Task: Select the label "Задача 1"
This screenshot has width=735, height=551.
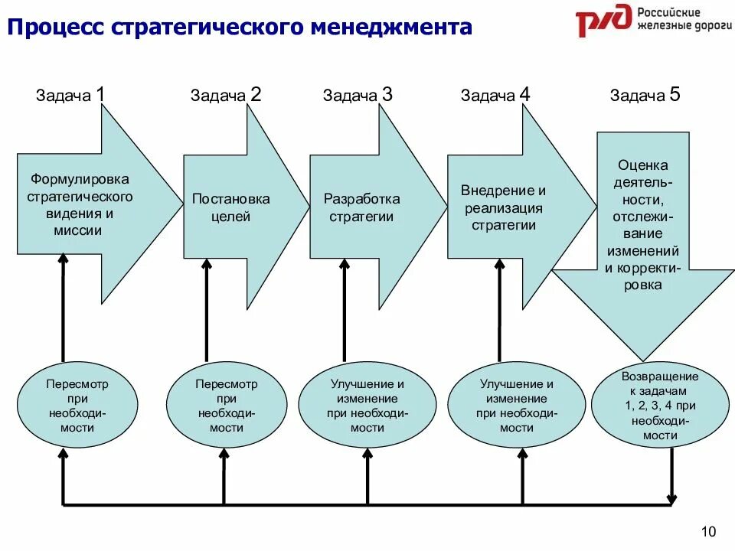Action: point(70,95)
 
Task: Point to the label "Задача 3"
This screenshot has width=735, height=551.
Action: point(358,95)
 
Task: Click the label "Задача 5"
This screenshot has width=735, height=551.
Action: point(645,95)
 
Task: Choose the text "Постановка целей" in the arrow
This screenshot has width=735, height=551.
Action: point(230,207)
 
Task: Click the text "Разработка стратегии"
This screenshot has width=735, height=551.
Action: point(361,207)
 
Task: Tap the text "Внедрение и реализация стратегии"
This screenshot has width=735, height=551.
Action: point(503,207)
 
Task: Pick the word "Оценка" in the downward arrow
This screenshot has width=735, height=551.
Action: point(643,165)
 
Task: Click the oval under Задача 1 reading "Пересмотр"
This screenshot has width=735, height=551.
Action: point(77,406)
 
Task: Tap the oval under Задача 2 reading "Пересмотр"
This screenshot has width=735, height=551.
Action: point(227,406)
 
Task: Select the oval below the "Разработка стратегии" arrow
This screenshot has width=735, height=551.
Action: point(367,406)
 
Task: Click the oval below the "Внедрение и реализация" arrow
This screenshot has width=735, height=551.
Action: point(517,406)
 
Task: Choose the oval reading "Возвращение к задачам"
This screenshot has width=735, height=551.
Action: point(659,406)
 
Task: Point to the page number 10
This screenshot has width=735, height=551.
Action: point(707,532)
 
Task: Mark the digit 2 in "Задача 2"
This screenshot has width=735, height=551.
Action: point(256,94)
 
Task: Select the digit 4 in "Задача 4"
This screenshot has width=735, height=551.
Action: point(524,94)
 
